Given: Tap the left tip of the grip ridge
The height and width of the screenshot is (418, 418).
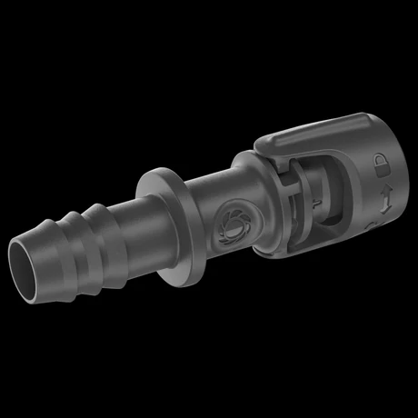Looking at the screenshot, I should (x=260, y=145).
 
